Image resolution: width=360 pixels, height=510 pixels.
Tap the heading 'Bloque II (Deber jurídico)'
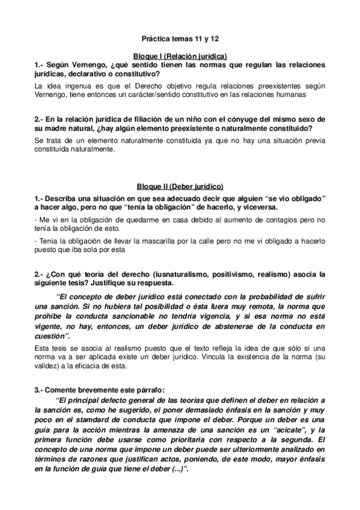click(180, 188)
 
